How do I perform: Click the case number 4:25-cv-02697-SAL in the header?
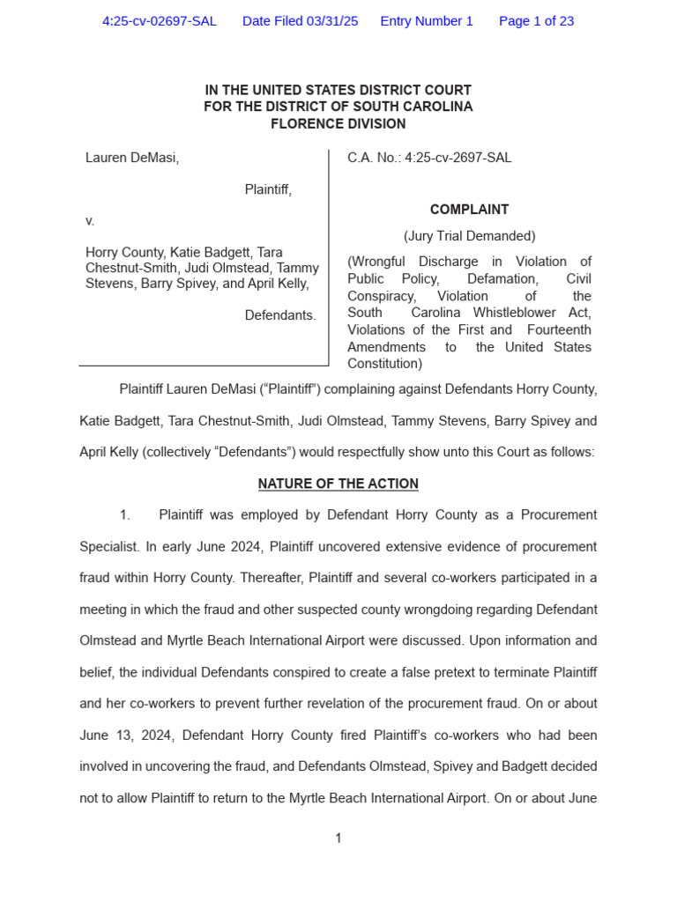point(159,21)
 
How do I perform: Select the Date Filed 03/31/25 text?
point(300,21)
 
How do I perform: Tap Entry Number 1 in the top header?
point(427,21)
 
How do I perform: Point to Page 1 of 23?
point(536,21)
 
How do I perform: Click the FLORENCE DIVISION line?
point(338,123)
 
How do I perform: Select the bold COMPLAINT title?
point(469,210)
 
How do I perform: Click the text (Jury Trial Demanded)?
point(469,236)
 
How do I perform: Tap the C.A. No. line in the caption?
point(429,158)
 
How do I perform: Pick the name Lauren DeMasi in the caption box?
point(132,158)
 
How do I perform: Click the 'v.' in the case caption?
point(90,220)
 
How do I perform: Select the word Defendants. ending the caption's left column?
point(279,315)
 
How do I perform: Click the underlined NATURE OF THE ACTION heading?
point(338,484)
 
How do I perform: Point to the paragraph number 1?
point(124,514)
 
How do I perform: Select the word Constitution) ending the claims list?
point(384,363)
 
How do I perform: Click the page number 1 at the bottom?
point(338,839)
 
